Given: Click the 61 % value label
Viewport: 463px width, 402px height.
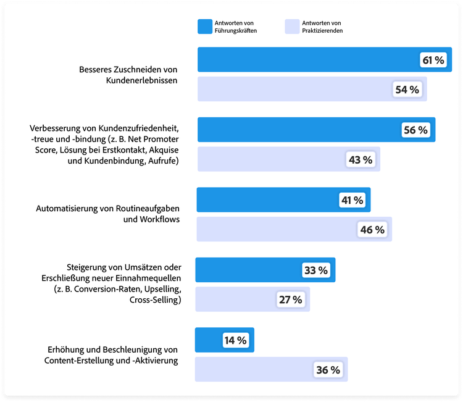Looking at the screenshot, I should tap(433, 60).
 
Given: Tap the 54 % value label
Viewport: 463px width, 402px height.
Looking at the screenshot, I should tap(407, 90).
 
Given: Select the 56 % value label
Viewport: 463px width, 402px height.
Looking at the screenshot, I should tap(415, 130).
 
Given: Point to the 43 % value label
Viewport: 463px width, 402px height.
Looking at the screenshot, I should tap(361, 159).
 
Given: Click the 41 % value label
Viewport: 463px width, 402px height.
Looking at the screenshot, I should tap(351, 200).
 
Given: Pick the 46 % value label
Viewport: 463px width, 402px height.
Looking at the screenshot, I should tap(372, 230).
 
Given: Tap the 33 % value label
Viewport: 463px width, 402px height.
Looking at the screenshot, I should tap(315, 270).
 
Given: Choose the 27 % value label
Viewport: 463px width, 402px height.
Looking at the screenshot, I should tap(290, 299).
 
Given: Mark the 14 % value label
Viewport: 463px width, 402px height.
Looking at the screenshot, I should tap(235, 340).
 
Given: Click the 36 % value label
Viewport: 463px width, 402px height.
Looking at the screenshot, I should tap(328, 370).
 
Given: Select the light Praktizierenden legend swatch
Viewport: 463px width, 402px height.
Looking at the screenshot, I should tap(292, 26).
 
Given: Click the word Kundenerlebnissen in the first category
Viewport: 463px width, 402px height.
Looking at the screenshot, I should tap(142, 80).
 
